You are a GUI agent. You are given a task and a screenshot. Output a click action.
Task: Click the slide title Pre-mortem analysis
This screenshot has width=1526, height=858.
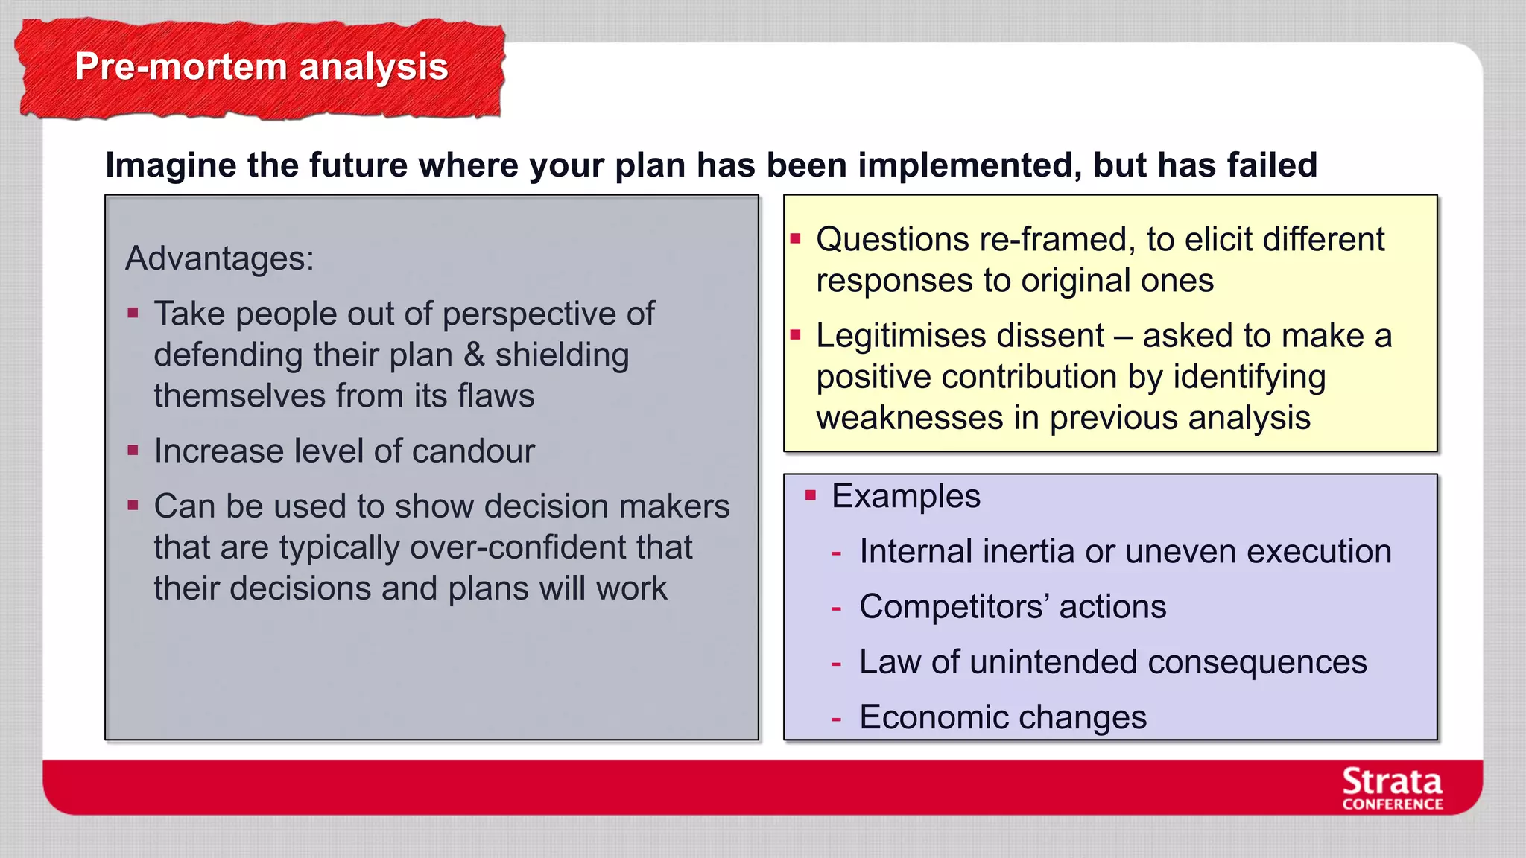click(x=261, y=67)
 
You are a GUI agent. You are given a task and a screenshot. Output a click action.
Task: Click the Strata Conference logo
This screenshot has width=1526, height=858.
click(x=1391, y=789)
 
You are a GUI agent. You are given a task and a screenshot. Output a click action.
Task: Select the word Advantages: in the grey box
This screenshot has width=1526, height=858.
click(x=219, y=259)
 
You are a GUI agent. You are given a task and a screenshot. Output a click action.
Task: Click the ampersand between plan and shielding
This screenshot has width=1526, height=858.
click(x=474, y=355)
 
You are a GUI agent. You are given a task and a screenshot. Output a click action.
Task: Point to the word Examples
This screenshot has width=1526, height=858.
click(x=905, y=496)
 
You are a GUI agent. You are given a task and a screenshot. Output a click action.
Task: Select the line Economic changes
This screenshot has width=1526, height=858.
click(x=1002, y=718)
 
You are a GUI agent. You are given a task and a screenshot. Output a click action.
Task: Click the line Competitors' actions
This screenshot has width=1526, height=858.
click(x=1012, y=607)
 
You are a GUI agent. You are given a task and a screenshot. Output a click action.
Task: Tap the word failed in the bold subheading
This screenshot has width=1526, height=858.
click(x=1272, y=165)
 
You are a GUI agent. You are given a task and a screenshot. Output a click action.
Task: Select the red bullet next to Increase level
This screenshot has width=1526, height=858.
click(x=133, y=451)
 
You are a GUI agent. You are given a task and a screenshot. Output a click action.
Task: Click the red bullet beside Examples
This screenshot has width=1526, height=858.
click(x=811, y=495)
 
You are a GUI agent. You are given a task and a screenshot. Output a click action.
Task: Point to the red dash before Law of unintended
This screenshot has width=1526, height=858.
click(x=836, y=663)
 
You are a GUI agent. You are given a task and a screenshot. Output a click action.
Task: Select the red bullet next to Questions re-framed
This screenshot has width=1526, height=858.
click(x=795, y=239)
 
